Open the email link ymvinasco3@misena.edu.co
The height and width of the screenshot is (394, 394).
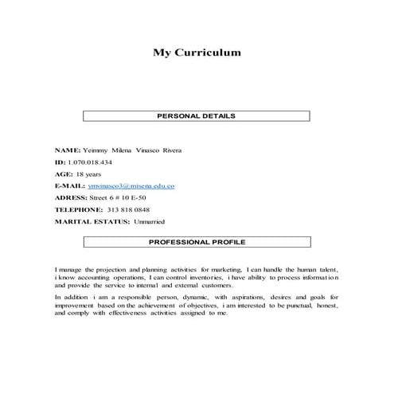pos(131,185)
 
